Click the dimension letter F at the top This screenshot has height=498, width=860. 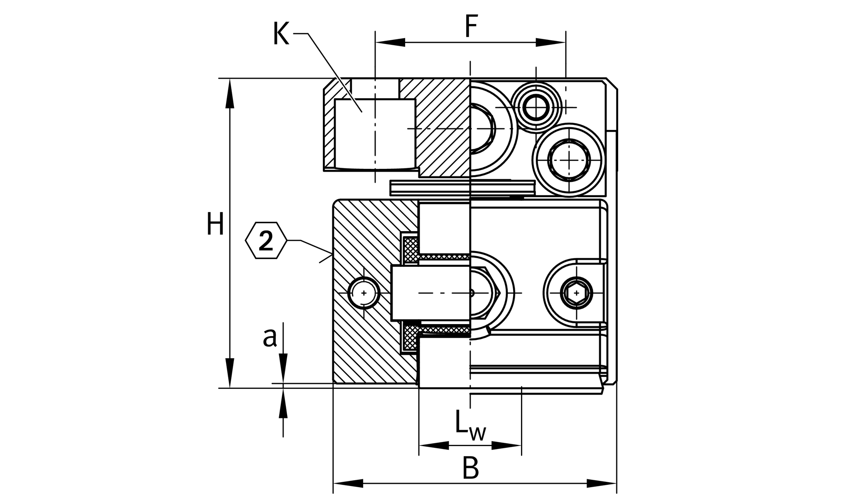(x=471, y=26)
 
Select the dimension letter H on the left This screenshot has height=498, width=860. (x=215, y=224)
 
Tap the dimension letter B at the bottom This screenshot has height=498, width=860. (x=470, y=468)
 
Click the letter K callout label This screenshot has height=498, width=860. (x=281, y=34)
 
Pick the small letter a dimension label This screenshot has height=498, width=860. (x=270, y=337)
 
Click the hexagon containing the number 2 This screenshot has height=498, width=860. (x=266, y=240)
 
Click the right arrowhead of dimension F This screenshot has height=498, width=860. (x=550, y=42)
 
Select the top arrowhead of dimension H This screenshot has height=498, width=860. (x=230, y=93)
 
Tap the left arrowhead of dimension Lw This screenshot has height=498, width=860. (x=434, y=446)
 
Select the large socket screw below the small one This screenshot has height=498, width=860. (x=569, y=159)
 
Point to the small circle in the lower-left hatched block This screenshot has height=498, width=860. (x=364, y=293)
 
